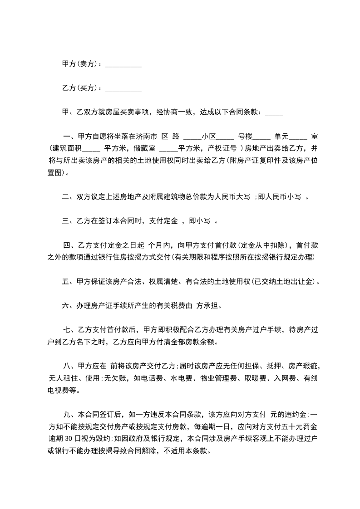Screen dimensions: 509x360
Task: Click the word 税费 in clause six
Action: [177, 306]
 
